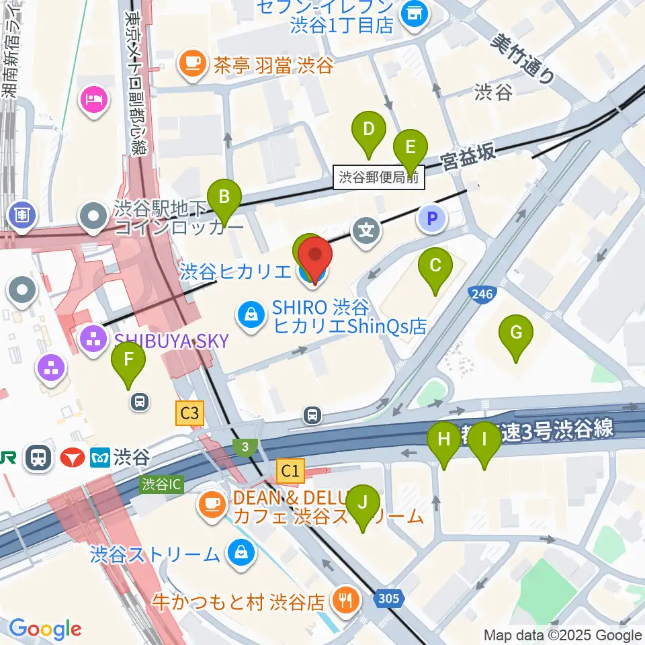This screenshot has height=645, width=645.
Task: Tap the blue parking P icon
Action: [x=433, y=218]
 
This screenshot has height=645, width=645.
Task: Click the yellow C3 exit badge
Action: [x=189, y=413]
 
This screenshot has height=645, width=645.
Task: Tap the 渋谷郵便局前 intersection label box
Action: [x=379, y=178]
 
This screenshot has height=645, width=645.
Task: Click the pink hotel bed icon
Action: [x=92, y=99]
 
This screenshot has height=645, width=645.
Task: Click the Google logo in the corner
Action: [x=45, y=628]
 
